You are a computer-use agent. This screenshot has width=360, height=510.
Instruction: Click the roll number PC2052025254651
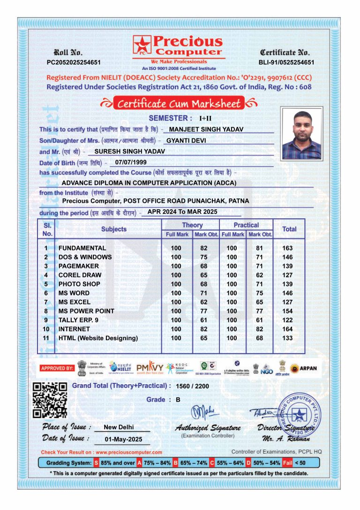click(x=74, y=62)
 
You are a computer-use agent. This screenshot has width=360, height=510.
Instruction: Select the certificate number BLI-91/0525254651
click(x=286, y=62)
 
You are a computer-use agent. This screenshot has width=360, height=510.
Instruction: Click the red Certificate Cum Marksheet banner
click(x=180, y=104)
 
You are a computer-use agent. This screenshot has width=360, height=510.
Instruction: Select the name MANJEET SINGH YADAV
click(x=206, y=129)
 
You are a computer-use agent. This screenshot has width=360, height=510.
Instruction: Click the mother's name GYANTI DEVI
click(x=186, y=140)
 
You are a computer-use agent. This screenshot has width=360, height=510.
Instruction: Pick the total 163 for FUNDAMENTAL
click(x=288, y=248)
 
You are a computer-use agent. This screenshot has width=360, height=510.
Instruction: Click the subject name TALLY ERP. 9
click(x=78, y=320)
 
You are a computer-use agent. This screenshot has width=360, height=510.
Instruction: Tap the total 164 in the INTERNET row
click(x=288, y=329)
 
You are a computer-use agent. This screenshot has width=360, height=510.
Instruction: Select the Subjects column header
click(x=114, y=229)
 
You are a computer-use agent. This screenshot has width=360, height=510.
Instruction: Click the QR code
click(x=50, y=400)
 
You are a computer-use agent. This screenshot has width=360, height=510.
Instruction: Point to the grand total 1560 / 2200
click(x=192, y=386)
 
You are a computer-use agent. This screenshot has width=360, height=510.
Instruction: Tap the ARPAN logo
click(x=303, y=368)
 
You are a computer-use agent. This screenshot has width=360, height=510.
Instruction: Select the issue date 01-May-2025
click(x=120, y=440)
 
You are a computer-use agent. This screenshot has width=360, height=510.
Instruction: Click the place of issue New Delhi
click(x=119, y=427)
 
